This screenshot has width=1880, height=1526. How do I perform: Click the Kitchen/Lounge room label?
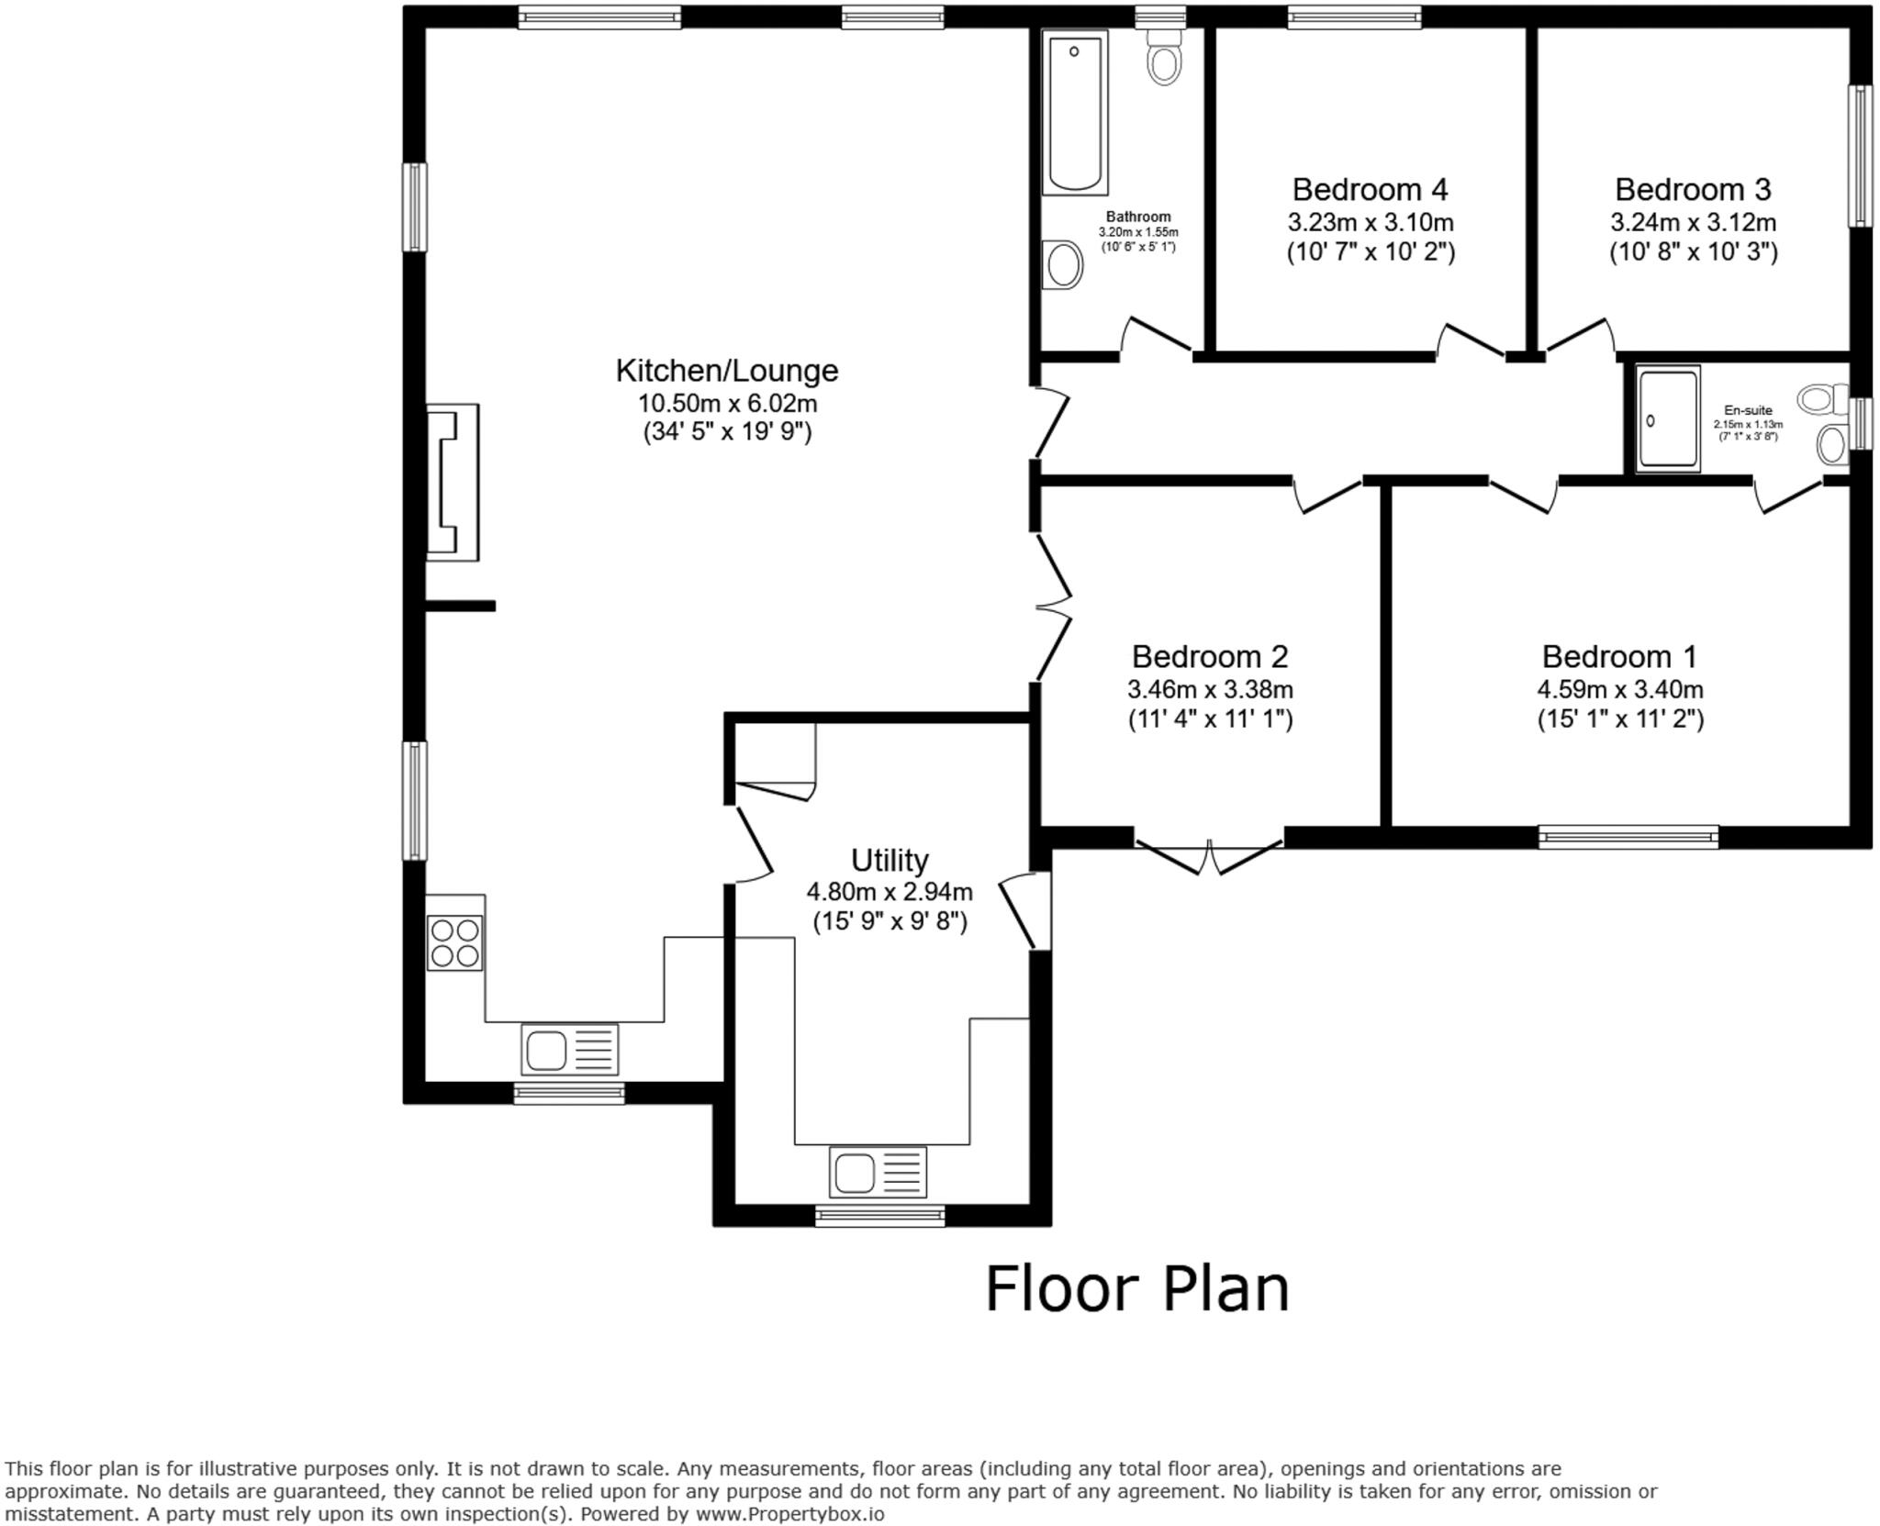click(x=726, y=371)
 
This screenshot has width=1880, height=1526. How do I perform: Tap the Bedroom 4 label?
click(x=1370, y=190)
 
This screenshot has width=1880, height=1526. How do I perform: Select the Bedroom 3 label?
click(x=1693, y=190)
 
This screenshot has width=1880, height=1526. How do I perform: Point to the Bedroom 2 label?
click(x=1210, y=657)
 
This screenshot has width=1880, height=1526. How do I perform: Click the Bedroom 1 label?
click(x=1619, y=657)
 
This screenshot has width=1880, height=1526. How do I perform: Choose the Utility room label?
click(x=890, y=861)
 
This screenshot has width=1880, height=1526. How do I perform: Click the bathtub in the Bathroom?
click(x=1075, y=112)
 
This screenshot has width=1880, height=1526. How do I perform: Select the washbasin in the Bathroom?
click(x=1063, y=265)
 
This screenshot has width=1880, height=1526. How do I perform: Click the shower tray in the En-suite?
click(x=1667, y=419)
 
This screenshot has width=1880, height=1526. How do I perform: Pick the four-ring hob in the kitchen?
click(x=454, y=942)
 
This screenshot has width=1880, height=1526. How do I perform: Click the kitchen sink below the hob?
click(x=569, y=1049)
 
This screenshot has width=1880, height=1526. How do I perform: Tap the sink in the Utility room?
click(x=878, y=1172)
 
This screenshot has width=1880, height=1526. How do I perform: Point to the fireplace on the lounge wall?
click(x=452, y=482)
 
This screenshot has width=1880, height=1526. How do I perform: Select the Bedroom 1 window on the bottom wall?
click(x=1628, y=836)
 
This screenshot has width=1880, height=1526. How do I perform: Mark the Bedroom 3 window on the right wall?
click(x=1860, y=156)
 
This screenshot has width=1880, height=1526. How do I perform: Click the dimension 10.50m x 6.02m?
click(x=727, y=403)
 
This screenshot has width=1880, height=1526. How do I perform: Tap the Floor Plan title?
click(x=1136, y=1289)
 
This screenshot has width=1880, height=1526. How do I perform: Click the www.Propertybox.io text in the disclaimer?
click(x=789, y=1514)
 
